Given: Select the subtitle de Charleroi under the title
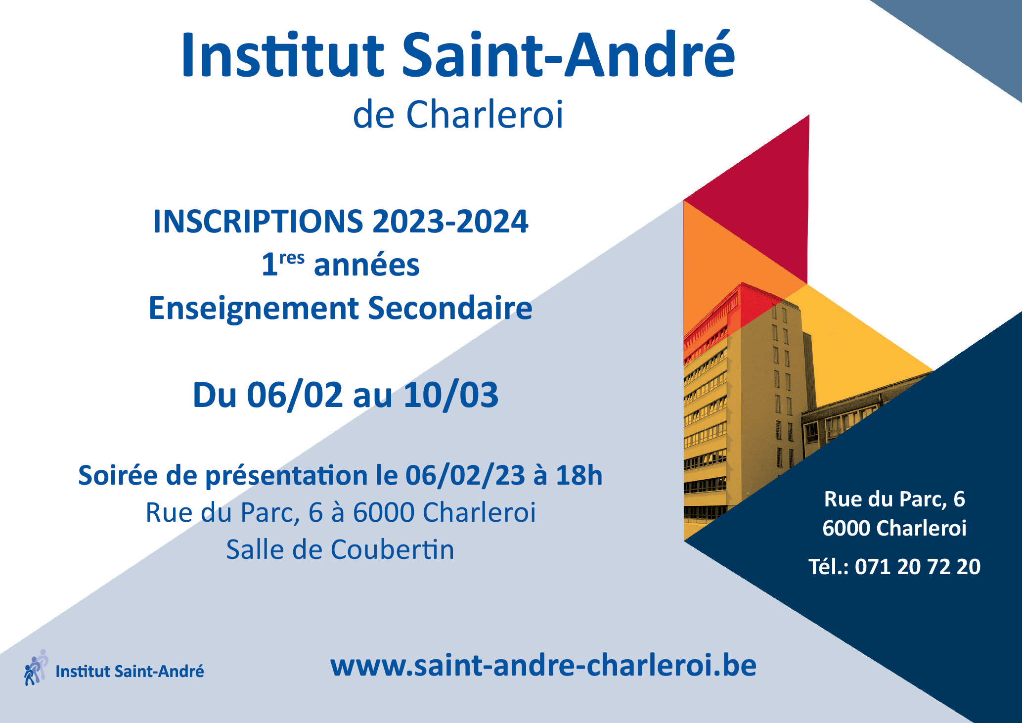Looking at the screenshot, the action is [x=458, y=115].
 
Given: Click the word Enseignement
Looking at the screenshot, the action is [x=254, y=309].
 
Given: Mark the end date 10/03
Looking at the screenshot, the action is [x=451, y=395].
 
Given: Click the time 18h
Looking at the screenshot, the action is [x=579, y=475].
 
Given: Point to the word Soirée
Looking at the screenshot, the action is [x=118, y=475].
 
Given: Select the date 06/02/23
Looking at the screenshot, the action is [x=465, y=476].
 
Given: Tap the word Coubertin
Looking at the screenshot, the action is [x=392, y=549].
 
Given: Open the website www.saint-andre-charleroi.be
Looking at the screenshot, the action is [x=543, y=666].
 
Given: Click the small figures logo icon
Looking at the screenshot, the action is [x=36, y=667].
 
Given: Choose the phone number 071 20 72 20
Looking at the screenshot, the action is [x=918, y=567].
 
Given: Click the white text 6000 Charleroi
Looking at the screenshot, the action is [x=894, y=528].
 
